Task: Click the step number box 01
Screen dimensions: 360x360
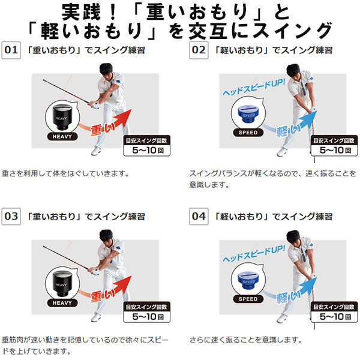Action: click(x=11, y=50)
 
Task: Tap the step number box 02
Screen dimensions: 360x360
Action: click(x=199, y=50)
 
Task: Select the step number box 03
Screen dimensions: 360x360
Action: click(x=11, y=217)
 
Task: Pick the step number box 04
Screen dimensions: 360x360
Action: click(x=199, y=217)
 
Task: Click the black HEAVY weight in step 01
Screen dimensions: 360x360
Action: click(x=62, y=117)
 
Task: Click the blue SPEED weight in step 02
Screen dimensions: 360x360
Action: click(x=248, y=113)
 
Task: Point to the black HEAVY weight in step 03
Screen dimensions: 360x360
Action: click(x=62, y=284)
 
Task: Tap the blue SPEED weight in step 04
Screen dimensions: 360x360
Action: click(x=248, y=280)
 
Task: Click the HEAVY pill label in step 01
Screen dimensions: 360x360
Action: click(x=62, y=137)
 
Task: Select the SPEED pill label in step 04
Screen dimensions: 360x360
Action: click(x=248, y=299)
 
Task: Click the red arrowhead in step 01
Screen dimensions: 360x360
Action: click(x=124, y=117)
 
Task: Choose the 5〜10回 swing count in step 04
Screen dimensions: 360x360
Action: click(x=335, y=317)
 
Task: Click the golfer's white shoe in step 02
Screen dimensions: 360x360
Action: click(x=282, y=152)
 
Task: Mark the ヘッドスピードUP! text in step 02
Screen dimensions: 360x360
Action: click(x=254, y=87)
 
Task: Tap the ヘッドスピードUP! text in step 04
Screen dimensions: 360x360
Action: click(x=254, y=253)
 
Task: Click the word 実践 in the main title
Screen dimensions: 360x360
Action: click(x=82, y=12)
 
